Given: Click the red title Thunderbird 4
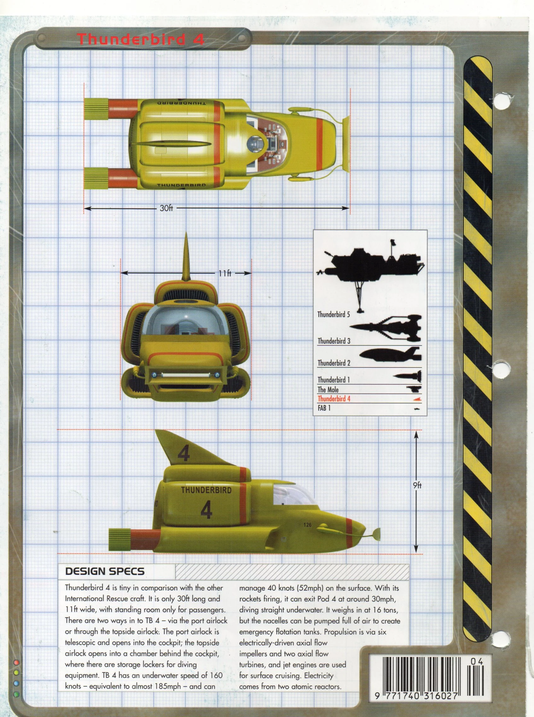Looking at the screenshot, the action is click(141, 39).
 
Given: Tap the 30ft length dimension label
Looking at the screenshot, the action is click(166, 208).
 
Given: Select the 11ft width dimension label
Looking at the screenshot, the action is click(225, 273).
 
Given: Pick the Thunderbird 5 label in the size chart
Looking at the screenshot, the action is click(333, 314).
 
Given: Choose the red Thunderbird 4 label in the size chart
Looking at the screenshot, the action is click(334, 399).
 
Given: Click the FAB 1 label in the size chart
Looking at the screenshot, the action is click(324, 408).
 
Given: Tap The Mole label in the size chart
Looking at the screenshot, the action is click(328, 390).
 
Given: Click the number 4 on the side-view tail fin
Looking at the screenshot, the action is click(183, 454).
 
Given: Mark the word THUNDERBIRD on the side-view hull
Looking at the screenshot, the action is click(206, 490).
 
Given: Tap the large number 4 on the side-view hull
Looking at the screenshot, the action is click(206, 511).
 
